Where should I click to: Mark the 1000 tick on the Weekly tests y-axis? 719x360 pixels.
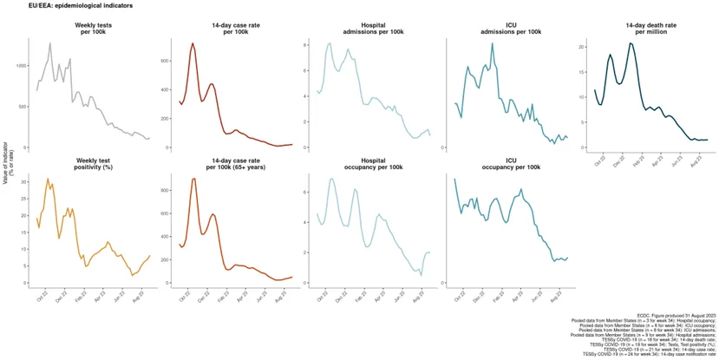20,65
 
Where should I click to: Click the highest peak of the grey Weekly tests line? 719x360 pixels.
50,43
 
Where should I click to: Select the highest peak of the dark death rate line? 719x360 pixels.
631,43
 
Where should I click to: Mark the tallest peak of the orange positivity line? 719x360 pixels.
48,179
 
